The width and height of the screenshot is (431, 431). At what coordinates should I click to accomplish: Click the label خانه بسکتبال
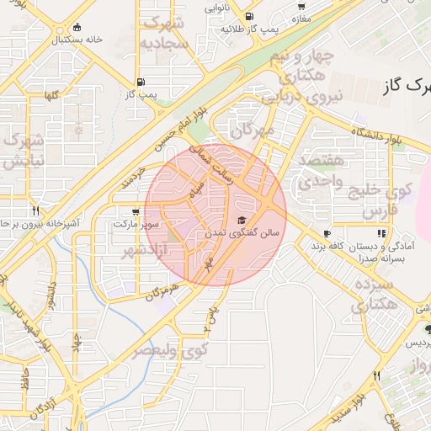[76, 39]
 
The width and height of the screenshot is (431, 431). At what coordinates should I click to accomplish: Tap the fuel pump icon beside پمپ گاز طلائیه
[248, 17]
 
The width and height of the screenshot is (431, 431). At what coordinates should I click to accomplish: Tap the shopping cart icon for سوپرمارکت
[136, 211]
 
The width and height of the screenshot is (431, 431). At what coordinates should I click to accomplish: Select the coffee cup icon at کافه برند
[327, 233]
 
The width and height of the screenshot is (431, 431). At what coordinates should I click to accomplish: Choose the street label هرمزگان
[162, 288]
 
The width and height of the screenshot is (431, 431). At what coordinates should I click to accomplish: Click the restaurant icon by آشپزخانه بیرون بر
[35, 210]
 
